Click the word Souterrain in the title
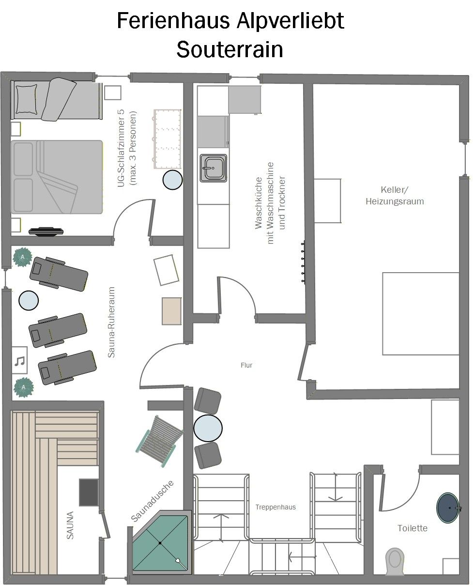coord(230,49)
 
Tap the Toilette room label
coord(412,528)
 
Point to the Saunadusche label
coord(152,501)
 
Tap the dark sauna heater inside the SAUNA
coord(89,493)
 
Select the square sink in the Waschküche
coord(214,168)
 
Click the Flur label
coord(246,365)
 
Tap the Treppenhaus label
coord(276,507)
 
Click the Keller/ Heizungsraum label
coord(395,195)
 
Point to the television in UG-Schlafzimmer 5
coord(46,231)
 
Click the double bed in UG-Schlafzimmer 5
coord(57,177)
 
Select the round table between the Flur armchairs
coord(208,428)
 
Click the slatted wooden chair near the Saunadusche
coord(160,441)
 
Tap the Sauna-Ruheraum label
coord(111,322)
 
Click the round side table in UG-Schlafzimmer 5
coord(172,180)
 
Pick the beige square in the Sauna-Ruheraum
coord(171,311)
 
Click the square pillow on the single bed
coord(26,99)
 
